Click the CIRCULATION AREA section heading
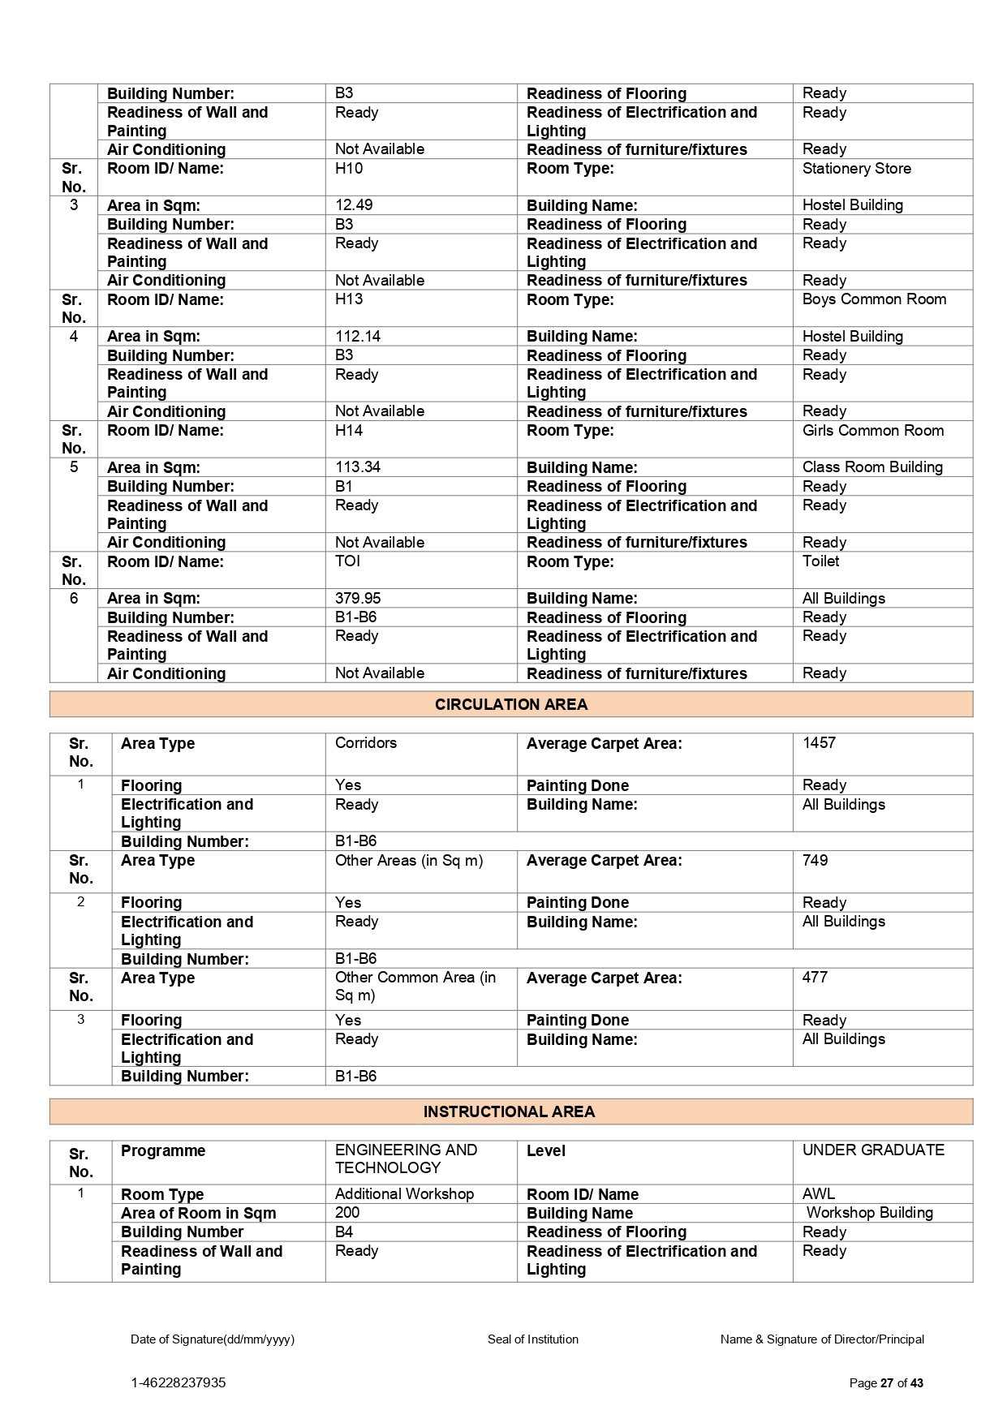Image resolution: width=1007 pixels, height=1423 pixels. pos(510,704)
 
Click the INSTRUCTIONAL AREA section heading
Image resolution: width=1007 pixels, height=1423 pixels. pos(509,1111)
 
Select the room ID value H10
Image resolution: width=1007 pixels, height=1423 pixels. pos(349,169)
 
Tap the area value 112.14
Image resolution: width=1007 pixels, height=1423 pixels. pos(358,336)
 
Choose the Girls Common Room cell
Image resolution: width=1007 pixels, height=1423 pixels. pos(872,430)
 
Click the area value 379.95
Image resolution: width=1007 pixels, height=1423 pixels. pos(358,598)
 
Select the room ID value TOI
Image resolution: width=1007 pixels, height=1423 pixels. pos(347,561)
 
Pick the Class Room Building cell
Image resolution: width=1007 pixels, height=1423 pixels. pos(872,466)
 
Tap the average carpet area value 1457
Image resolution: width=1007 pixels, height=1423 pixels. pos(819,742)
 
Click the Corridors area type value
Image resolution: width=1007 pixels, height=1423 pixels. pos(366,742)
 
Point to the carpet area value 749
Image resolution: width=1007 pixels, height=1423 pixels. pos(815,860)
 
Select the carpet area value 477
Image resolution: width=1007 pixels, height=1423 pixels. pos(815,977)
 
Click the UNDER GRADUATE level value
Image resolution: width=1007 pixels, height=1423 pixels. pos(873,1150)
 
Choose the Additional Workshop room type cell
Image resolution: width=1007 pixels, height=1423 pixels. pos(404,1193)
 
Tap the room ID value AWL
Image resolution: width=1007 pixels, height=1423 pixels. pos(818,1193)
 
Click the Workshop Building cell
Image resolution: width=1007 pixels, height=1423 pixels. pos(869,1212)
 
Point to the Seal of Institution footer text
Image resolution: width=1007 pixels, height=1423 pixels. pos(532,1339)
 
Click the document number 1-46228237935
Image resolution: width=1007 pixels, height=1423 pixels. pos(179,1382)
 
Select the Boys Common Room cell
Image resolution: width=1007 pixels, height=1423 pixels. pos(874,299)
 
